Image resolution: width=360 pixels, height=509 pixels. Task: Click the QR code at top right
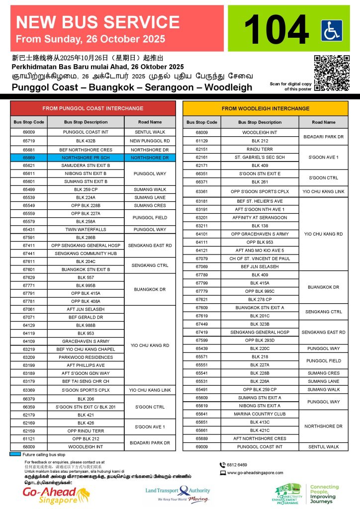332,73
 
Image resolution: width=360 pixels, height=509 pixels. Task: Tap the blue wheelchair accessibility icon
332,31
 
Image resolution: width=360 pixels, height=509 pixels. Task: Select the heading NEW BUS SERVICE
98,22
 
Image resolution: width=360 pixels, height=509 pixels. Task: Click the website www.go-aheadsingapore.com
255,473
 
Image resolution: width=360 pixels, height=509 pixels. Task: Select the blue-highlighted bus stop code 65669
28,157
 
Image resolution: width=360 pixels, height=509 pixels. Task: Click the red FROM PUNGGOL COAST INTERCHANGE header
93,108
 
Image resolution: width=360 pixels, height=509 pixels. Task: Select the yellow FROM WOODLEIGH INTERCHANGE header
266,108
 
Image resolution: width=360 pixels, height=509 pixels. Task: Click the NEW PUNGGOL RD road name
150,141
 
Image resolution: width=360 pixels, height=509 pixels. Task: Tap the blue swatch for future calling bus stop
15,454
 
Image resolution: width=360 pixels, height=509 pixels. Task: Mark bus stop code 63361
201,191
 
